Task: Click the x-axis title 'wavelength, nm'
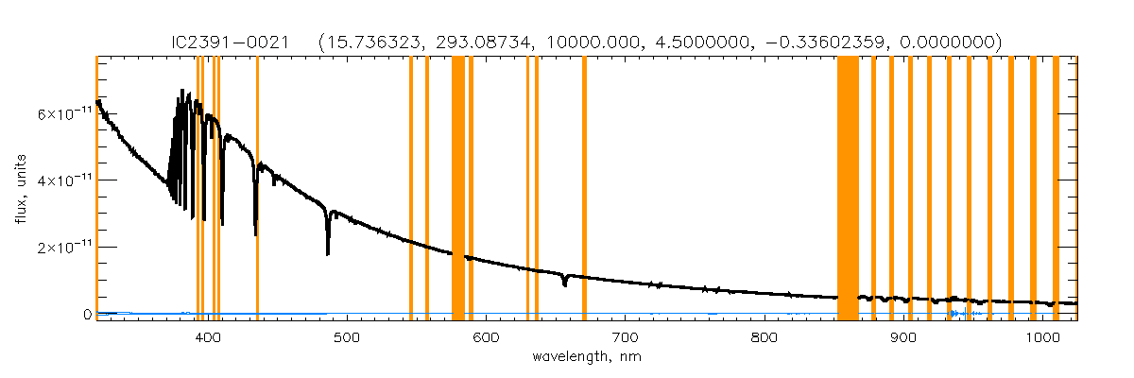click(586, 358)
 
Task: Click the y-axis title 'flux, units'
click(21, 188)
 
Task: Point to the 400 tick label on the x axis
click(207, 336)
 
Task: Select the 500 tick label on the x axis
click(346, 336)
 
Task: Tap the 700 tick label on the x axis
click(624, 336)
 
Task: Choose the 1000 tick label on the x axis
click(1041, 336)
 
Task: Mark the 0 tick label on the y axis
click(86, 315)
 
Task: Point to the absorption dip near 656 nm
click(564, 282)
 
